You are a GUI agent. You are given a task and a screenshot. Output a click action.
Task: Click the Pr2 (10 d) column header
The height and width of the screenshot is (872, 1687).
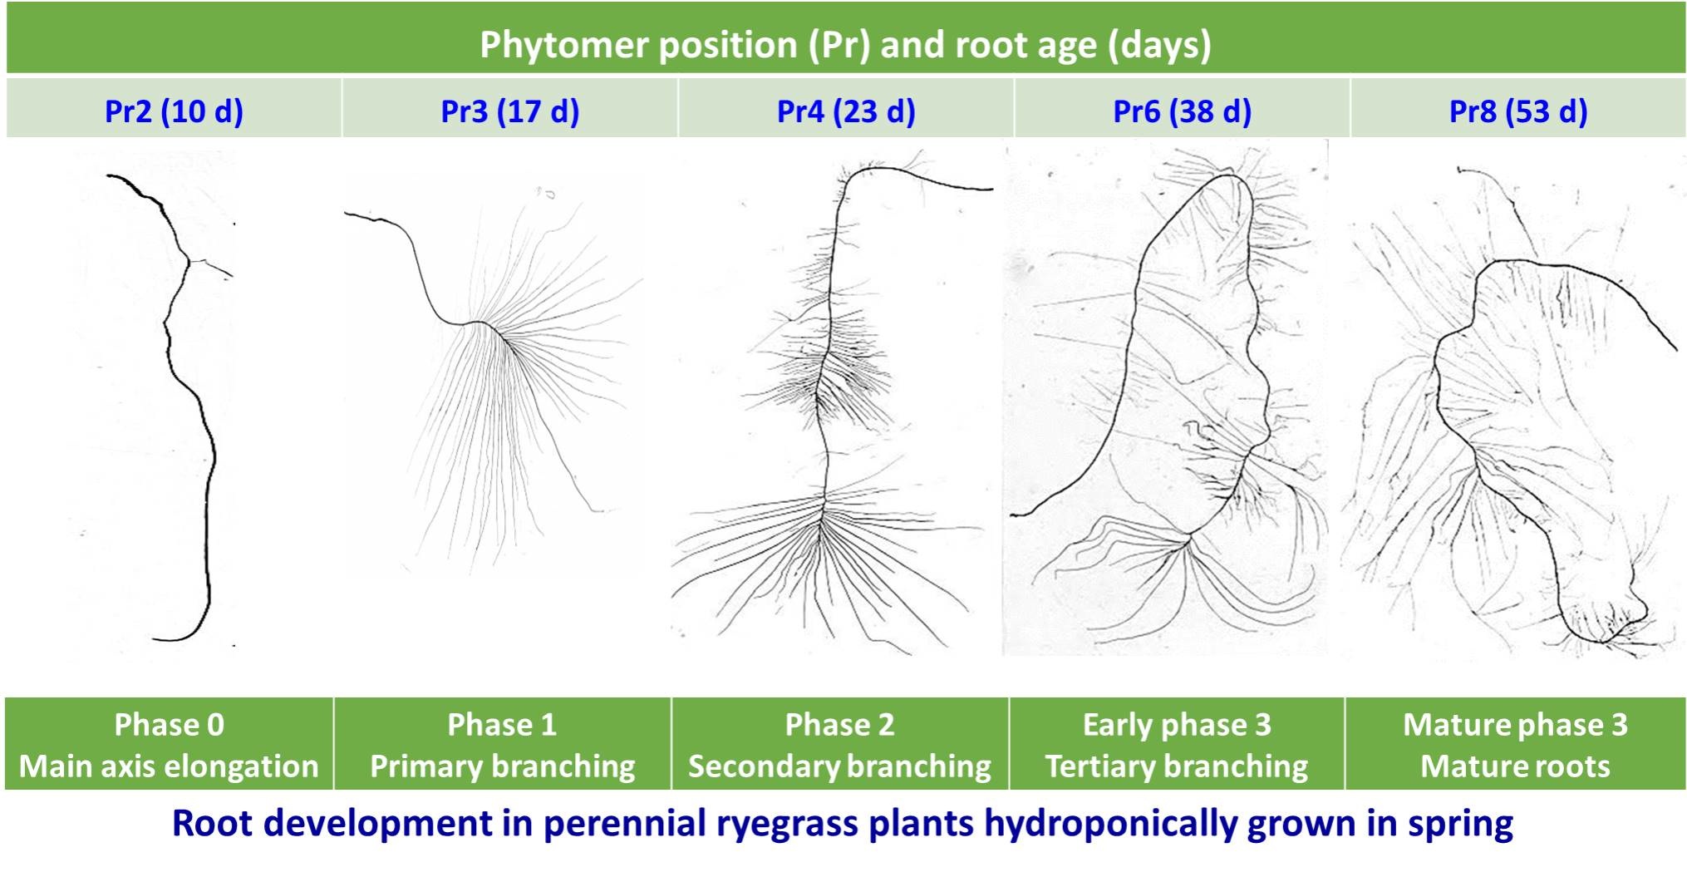point(174,111)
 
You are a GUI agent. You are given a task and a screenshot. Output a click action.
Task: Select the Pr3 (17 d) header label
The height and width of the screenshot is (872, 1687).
point(509,111)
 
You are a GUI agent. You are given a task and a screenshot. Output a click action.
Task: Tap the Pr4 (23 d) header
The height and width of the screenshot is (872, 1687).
point(846,111)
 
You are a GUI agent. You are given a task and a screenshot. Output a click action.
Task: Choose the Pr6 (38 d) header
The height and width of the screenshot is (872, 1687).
point(1182,111)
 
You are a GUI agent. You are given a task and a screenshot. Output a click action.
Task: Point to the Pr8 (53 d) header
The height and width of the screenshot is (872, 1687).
point(1518,111)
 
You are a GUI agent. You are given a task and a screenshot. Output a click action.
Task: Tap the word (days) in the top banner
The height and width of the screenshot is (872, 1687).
point(1159,44)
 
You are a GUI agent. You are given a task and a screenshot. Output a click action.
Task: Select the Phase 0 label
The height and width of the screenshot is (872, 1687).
point(169,725)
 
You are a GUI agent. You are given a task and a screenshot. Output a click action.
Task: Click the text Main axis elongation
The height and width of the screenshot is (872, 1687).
point(169,766)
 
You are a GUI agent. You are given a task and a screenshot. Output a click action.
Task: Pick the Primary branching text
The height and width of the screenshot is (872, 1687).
point(502,766)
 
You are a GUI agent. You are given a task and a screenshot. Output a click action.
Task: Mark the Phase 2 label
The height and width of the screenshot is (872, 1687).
point(839,725)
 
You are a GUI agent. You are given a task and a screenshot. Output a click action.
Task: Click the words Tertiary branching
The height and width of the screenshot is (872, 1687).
point(1176,766)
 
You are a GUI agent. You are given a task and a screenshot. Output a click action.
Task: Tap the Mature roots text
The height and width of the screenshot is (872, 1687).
point(1515,766)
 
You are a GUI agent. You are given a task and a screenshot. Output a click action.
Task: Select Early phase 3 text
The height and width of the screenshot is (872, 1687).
point(1176,725)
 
